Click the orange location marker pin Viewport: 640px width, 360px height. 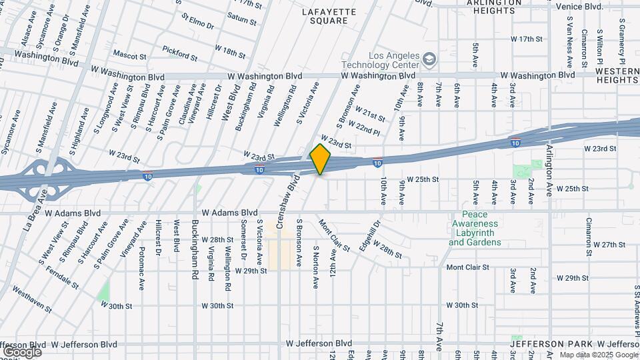point(321,159)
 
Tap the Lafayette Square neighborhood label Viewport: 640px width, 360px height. point(325,16)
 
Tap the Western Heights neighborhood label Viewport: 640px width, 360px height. point(617,75)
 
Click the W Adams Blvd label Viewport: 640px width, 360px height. point(69,213)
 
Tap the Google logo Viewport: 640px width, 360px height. point(21,351)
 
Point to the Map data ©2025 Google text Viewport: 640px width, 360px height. point(598,355)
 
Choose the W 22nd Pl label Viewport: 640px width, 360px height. point(368,128)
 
